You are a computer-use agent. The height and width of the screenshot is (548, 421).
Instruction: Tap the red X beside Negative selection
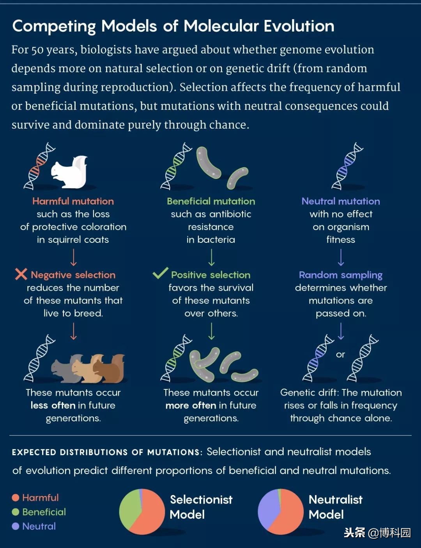pos(21,274)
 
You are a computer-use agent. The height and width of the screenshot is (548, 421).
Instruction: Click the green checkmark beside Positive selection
pos(160,273)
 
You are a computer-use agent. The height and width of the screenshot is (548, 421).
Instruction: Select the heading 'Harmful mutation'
pos(73,201)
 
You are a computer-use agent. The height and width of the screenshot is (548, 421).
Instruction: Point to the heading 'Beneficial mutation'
pos(211,201)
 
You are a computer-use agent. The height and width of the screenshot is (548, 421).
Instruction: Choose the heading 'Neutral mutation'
pos(341,201)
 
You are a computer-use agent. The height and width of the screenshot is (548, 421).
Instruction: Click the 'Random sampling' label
pos(341,275)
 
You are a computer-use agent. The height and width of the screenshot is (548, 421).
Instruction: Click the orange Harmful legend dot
pos(16,498)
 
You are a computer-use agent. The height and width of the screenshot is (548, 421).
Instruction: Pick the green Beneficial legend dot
pos(16,512)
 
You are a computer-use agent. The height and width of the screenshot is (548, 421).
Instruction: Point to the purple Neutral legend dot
pos(16,527)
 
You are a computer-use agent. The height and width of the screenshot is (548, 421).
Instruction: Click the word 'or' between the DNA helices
pos(340,355)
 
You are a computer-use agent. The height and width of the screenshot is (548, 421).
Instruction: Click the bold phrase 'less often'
pos(53,405)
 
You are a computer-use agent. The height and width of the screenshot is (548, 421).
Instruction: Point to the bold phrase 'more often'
pos(191,405)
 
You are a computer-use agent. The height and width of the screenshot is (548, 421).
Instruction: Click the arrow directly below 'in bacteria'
pos(212,258)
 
